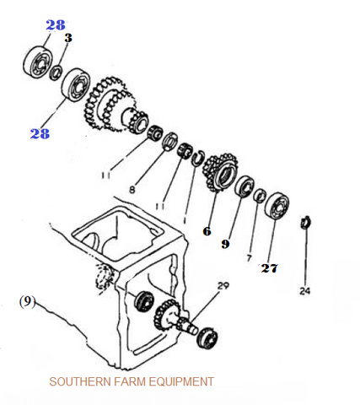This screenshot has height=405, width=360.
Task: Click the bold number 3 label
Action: pyautogui.click(x=68, y=38)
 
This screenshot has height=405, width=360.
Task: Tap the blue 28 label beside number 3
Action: pyautogui.click(x=56, y=25)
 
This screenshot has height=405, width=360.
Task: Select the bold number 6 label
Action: pyautogui.click(x=207, y=231)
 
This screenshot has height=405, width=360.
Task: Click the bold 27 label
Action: pyautogui.click(x=270, y=268)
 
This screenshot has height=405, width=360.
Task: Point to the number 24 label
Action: pyautogui.click(x=304, y=291)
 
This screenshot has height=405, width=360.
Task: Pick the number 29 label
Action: pyautogui.click(x=223, y=285)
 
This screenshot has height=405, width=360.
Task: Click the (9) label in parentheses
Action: pyautogui.click(x=27, y=301)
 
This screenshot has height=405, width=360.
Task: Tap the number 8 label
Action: pyautogui.click(x=132, y=190)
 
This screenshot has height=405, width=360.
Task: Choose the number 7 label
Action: pyautogui.click(x=249, y=258)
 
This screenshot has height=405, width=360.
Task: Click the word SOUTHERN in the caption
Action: pyautogui.click(x=80, y=381)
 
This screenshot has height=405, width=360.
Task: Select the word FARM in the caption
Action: pyautogui.click(x=130, y=381)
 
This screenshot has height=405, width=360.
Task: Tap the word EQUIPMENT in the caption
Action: pyautogui.click(x=181, y=381)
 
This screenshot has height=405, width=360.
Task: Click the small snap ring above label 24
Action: pyautogui.click(x=306, y=222)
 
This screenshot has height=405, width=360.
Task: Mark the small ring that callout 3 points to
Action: pyautogui.click(x=56, y=73)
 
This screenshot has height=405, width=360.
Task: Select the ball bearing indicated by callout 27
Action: pyautogui.click(x=277, y=206)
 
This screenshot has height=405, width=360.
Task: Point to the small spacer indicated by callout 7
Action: pyautogui.click(x=261, y=195)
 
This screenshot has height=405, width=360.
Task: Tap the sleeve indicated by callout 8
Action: pyautogui.click(x=170, y=142)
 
